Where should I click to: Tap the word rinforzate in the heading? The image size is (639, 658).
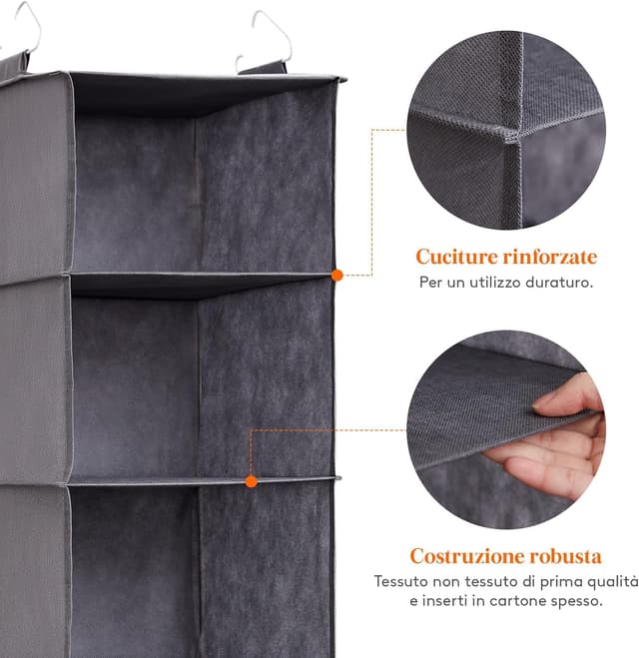548,257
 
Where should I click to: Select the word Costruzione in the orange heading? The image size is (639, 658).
466,555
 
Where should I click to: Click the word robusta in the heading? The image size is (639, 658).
565,555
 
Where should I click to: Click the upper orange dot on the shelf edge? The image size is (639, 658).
337,274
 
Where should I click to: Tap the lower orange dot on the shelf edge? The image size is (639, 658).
252,481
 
